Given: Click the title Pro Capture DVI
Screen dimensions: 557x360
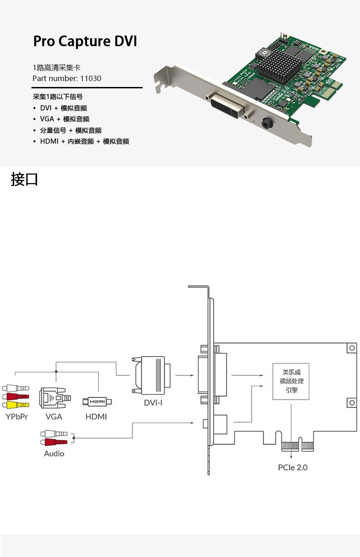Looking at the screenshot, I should click(85, 41).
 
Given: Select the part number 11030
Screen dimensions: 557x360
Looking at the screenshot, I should click(91, 78).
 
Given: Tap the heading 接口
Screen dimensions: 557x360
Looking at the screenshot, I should click(24, 179).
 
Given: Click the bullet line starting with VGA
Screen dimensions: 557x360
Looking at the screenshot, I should click(64, 119).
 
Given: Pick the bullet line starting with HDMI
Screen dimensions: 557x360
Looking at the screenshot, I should click(84, 141).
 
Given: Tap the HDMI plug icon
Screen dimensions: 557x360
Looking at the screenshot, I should click(97, 402).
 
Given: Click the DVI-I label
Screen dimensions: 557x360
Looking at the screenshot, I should click(153, 403).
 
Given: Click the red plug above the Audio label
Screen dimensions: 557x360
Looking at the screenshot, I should click(54, 442).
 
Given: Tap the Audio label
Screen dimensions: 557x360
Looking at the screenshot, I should click(54, 454).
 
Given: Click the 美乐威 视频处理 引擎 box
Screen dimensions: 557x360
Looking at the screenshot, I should click(291, 382).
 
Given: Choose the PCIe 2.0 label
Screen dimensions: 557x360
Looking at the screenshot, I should click(293, 467).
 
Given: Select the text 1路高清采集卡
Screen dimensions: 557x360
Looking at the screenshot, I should click(57, 67).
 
